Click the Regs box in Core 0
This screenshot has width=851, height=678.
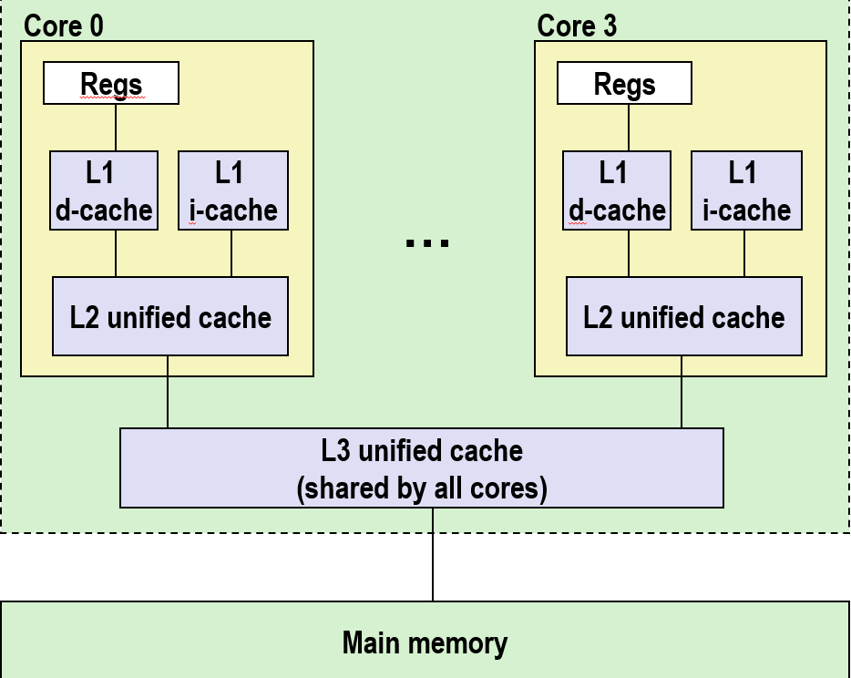[x=111, y=84]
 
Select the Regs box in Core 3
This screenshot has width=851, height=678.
[x=624, y=84]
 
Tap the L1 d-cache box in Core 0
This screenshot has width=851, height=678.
[x=104, y=190]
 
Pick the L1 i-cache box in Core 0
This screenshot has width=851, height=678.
[x=233, y=190]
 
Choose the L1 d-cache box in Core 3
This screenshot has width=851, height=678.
[x=617, y=190]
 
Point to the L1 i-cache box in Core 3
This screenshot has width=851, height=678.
[x=746, y=190]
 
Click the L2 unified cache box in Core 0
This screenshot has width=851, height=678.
[x=170, y=316]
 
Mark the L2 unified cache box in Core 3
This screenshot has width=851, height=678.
[x=683, y=316]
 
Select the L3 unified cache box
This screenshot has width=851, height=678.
[x=421, y=467]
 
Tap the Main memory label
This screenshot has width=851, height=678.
[x=425, y=642]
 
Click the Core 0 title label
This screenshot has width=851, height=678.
[x=64, y=26]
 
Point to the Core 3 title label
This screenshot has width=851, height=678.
[x=577, y=26]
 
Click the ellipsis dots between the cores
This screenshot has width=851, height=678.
[x=426, y=242]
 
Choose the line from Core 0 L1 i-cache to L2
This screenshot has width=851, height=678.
[x=231, y=253]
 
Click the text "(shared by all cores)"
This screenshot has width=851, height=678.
[x=421, y=488]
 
